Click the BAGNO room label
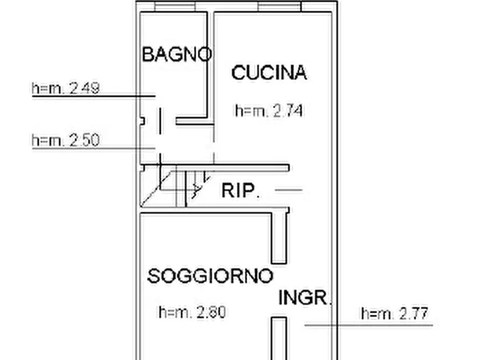(176, 54)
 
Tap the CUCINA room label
(269, 73)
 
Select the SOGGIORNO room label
(210, 277)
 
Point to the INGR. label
(304, 298)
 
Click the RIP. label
(241, 191)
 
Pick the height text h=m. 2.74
(269, 111)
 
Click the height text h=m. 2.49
(66, 88)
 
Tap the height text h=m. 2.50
(66, 140)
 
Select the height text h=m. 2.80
(192, 312)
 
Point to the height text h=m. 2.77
(396, 313)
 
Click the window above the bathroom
(175, 6)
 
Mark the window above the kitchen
(279, 6)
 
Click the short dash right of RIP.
(288, 190)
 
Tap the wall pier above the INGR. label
(279, 236)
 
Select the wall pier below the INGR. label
(278, 339)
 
